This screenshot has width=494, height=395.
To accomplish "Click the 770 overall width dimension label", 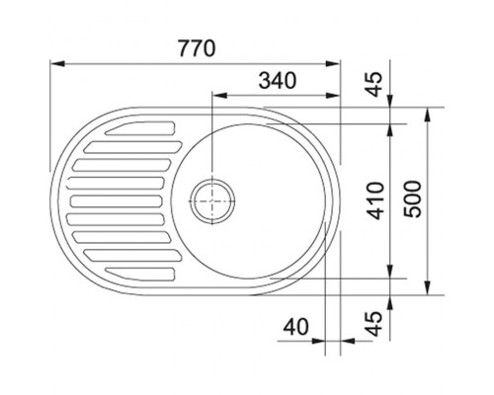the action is click(x=197, y=48).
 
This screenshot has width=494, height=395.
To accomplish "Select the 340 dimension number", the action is click(x=278, y=81).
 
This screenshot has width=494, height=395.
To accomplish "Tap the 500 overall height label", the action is click(x=413, y=198).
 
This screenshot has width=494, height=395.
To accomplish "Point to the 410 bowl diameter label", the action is click(x=375, y=200).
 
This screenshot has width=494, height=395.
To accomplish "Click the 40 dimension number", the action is click(x=296, y=327).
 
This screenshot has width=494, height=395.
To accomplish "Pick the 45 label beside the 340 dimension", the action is click(x=374, y=84).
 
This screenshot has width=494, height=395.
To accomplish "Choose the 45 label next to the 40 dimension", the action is click(x=374, y=324).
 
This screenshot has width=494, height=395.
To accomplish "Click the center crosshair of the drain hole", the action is click(x=212, y=200).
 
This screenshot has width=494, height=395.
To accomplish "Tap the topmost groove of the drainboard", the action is click(x=140, y=128).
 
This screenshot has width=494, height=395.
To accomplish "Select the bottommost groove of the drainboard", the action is click(x=140, y=275).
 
